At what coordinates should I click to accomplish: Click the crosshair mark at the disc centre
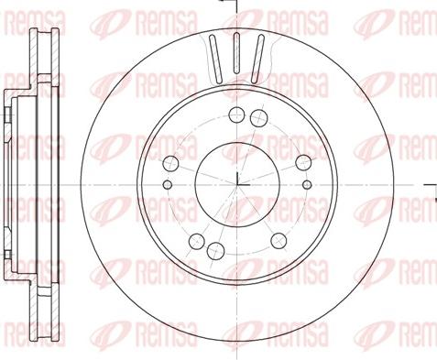(x=236, y=180)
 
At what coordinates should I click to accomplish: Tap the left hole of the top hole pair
(x=237, y=115)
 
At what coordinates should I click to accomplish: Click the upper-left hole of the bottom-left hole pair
(x=195, y=241)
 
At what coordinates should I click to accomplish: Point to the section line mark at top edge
(x=235, y=7)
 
